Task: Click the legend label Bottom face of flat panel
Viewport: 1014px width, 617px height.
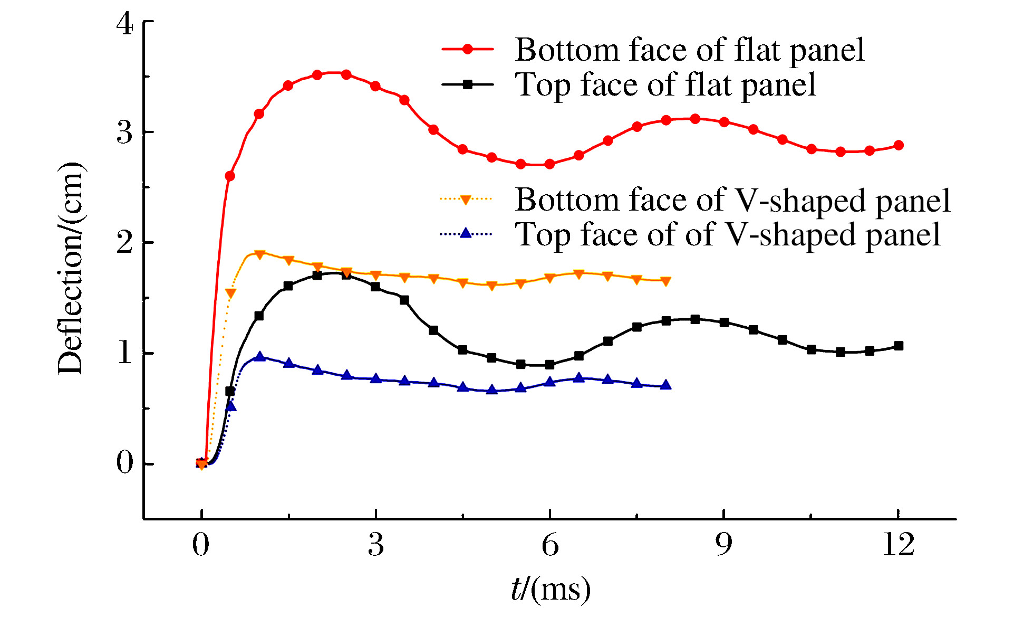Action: [x=689, y=50]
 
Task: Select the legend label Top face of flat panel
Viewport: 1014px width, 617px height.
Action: [x=665, y=85]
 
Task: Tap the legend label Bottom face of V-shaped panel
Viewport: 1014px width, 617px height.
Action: [x=732, y=200]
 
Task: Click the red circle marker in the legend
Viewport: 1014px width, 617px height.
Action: [x=467, y=49]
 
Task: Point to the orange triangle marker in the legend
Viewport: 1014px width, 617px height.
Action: [x=466, y=200]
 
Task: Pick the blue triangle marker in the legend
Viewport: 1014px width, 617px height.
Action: [x=466, y=233]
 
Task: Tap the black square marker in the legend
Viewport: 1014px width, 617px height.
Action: [x=467, y=84]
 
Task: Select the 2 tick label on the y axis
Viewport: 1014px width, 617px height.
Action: [x=125, y=243]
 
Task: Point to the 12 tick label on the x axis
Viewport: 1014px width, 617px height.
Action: [x=898, y=544]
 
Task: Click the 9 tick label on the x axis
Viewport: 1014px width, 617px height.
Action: [x=724, y=544]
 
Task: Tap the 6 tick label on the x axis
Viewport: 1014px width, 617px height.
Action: [x=550, y=544]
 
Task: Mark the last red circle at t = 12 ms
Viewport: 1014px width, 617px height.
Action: [x=899, y=145]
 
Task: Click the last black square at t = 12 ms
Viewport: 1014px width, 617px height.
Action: [x=899, y=346]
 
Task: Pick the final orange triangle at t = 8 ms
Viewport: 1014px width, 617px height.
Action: [x=666, y=281]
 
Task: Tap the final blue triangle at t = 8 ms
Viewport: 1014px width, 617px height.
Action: [x=666, y=385]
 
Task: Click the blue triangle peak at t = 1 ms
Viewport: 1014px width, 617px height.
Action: [x=259, y=357]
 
